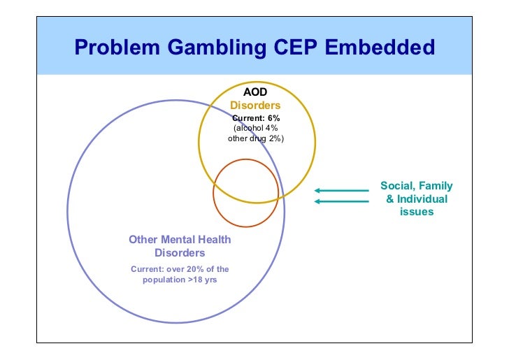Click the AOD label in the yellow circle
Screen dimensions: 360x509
tap(255, 92)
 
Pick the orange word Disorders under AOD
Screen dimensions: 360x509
tap(255, 105)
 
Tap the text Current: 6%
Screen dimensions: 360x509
tap(256, 117)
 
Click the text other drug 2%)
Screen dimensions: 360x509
tap(256, 138)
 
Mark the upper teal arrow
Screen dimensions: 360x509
tap(341, 189)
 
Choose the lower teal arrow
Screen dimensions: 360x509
tap(341, 202)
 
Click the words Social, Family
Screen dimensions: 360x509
tap(416, 186)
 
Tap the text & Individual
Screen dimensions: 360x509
tap(417, 199)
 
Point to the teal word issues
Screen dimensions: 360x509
tap(417, 211)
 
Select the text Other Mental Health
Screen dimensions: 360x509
tap(180, 240)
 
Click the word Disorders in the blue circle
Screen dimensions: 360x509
tap(180, 252)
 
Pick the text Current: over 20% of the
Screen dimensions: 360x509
tap(180, 269)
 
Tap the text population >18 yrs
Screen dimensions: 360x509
tap(180, 280)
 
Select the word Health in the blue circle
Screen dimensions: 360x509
tap(214, 240)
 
